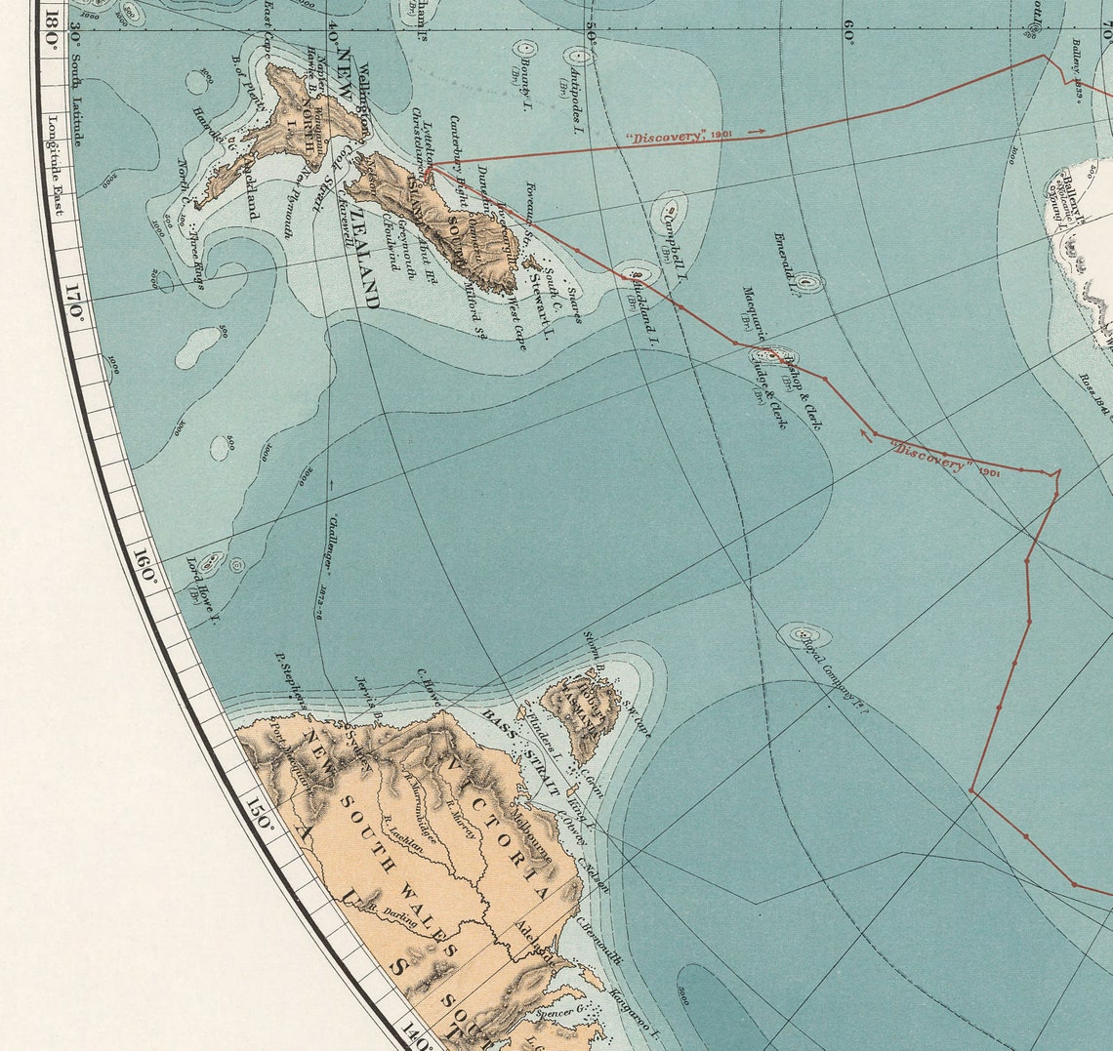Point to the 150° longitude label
tap(261, 816)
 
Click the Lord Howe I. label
tap(202, 589)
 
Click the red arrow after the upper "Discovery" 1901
tap(755, 131)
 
